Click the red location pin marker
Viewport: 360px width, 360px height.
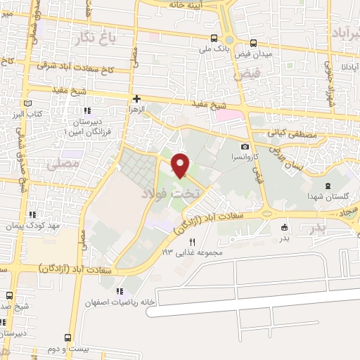point(181,165)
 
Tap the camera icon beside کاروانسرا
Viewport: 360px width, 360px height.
point(245,146)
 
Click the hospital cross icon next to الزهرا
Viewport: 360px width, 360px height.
point(136,99)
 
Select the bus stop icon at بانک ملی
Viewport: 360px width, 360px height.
point(213,39)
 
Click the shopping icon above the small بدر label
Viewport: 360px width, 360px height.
point(284,227)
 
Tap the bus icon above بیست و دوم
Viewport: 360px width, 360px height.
point(67,337)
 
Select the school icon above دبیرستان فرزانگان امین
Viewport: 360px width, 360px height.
point(87,111)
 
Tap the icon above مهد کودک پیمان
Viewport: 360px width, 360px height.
point(31,215)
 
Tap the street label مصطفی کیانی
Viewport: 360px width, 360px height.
point(293,134)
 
